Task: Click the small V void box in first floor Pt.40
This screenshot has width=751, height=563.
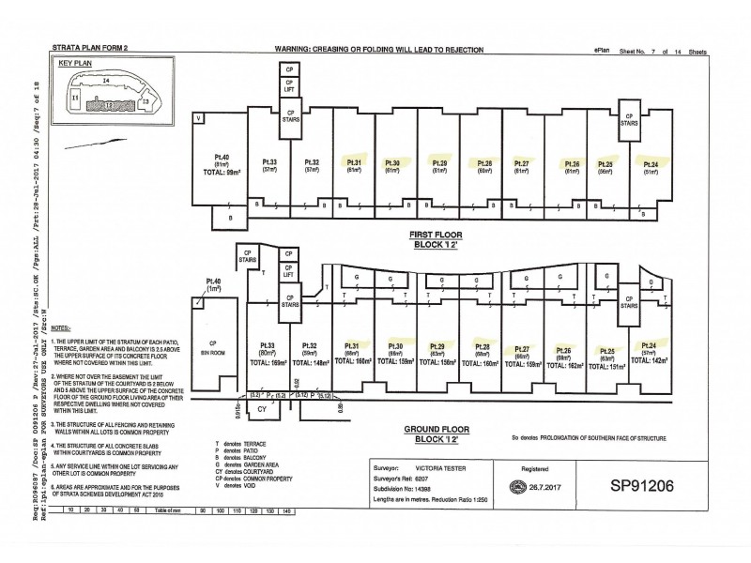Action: tap(199, 118)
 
